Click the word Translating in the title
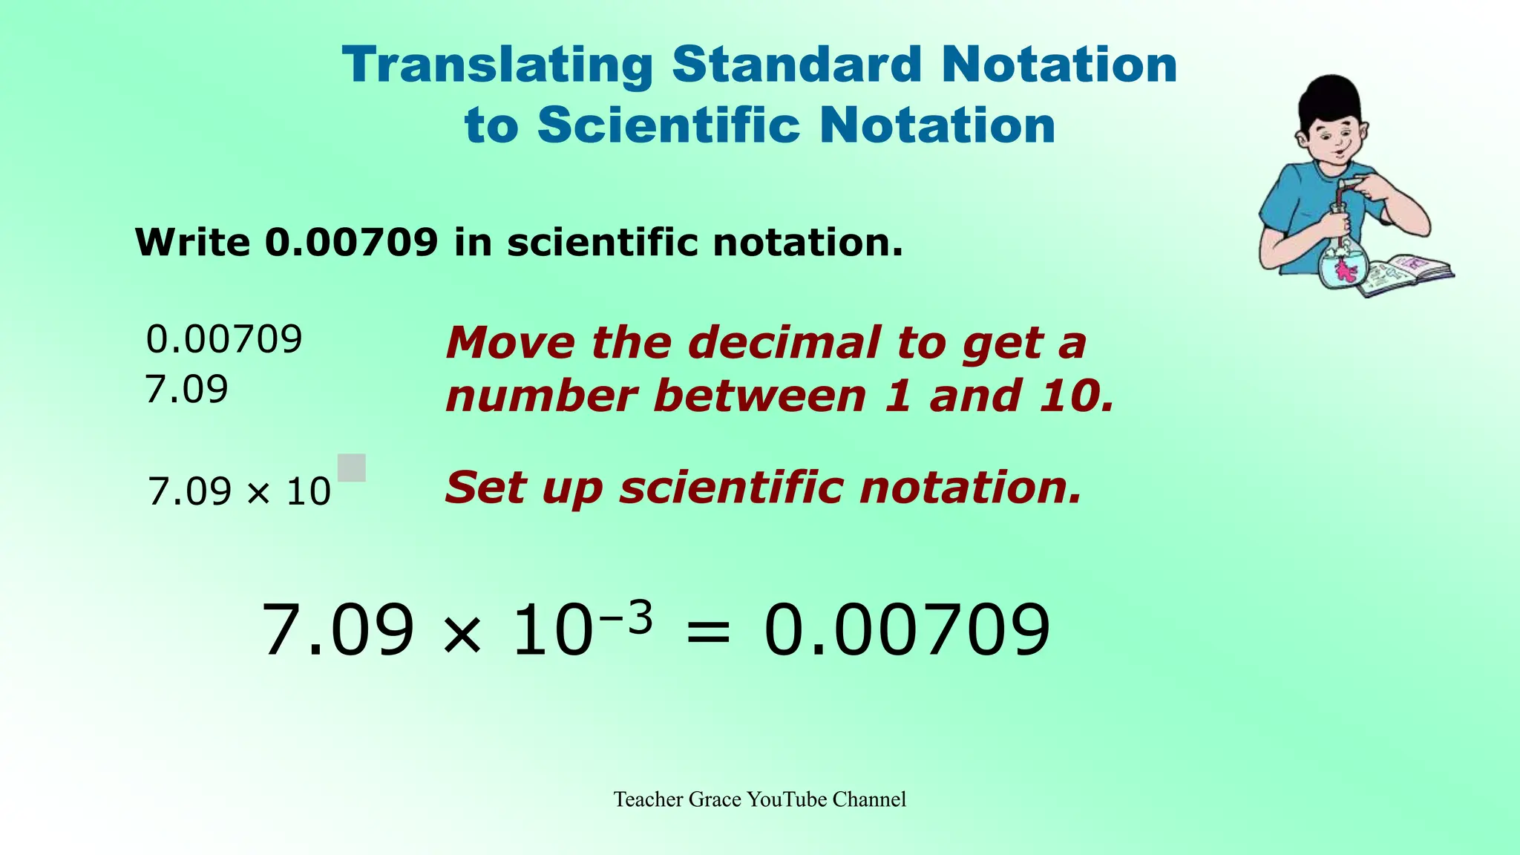497,65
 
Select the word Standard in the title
797,65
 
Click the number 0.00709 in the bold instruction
351,242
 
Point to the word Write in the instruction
193,242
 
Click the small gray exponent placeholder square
352,468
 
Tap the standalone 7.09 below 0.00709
186,389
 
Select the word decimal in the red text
783,343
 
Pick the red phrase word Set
484,488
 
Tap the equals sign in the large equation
709,632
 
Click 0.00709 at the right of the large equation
907,631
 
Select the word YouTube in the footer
787,799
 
